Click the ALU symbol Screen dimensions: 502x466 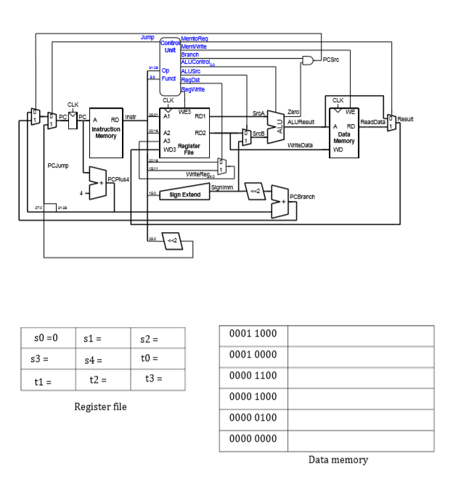click(277, 127)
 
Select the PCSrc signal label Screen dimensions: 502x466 click(331, 59)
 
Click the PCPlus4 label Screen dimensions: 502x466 click(118, 178)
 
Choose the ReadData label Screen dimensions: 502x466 click(372, 123)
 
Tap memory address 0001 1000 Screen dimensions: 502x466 click(253, 334)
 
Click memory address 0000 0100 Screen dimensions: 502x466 click(253, 419)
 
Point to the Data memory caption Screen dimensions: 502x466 click(338, 459)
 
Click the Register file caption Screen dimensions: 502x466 click(101, 407)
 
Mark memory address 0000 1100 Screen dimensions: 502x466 click(253, 376)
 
